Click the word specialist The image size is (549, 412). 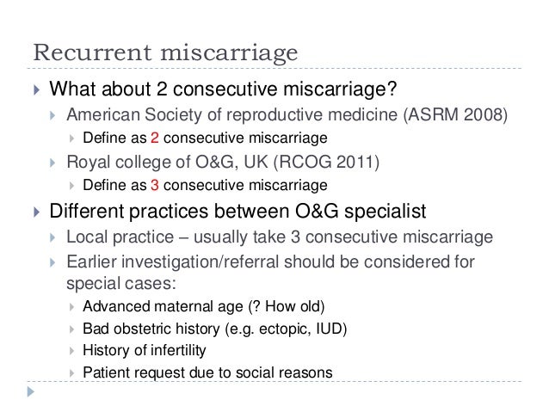tap(377, 212)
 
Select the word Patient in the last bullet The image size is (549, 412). tap(106, 372)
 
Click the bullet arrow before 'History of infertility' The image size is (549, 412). tap(71, 350)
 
